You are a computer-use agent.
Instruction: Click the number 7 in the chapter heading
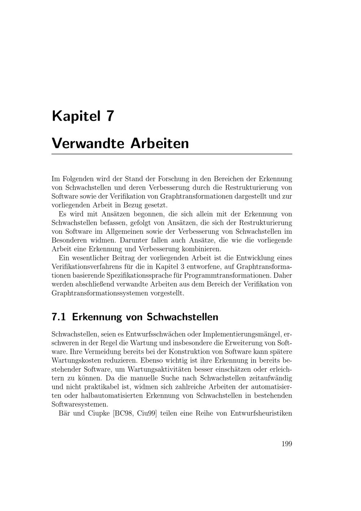click(x=110, y=116)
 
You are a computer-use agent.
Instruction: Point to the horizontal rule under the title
click(x=172, y=154)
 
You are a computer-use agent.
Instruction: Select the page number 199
click(x=287, y=444)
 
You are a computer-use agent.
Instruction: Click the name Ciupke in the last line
click(x=99, y=413)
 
